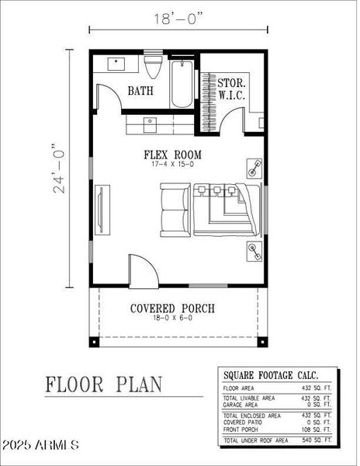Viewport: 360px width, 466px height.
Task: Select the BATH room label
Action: click(140, 91)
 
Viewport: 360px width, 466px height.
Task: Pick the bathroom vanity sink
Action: click(118, 61)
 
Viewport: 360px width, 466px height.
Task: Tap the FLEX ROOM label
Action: click(177, 154)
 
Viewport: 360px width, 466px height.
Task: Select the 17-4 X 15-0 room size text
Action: click(177, 165)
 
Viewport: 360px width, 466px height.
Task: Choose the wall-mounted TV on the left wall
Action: click(100, 210)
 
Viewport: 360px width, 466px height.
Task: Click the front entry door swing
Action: click(142, 271)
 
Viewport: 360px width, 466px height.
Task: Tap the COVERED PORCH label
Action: click(172, 308)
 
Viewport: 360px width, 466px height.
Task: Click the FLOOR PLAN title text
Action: click(103, 383)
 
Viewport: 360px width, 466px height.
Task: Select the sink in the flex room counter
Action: click(150, 120)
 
